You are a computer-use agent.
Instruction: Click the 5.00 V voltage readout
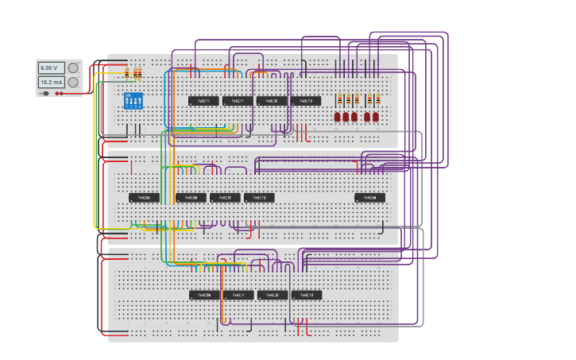tap(52, 68)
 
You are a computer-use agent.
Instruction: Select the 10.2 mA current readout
tap(52, 83)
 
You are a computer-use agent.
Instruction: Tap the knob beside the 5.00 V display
tap(73, 68)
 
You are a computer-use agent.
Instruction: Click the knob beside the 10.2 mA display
tap(73, 83)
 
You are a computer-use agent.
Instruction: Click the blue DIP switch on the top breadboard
tap(133, 101)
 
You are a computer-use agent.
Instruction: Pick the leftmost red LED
tap(338, 117)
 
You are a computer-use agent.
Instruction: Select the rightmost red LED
tap(376, 117)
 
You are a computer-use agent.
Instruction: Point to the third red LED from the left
tap(355, 117)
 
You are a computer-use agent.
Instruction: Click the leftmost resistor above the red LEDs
tap(340, 99)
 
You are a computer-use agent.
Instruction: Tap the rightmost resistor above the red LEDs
tap(377, 99)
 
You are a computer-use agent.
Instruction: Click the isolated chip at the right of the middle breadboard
tap(370, 197)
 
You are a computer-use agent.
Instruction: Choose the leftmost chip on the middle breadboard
tap(144, 197)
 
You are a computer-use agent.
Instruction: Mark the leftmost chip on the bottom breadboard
tap(204, 295)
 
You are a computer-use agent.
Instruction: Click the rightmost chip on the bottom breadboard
tap(307, 295)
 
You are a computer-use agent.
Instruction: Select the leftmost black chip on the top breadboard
tap(203, 101)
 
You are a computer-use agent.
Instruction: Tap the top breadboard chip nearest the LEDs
tap(306, 101)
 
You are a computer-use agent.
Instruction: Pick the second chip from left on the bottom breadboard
tap(238, 295)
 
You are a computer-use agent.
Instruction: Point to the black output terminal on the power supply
tap(45, 93)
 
